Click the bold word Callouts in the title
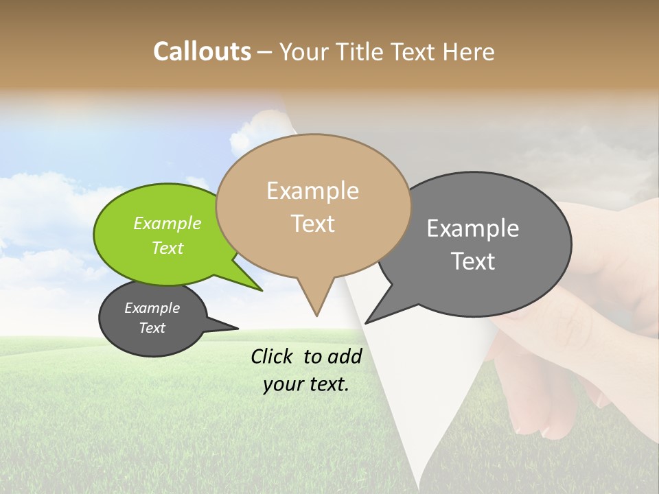click(202, 51)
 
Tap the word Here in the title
click(469, 51)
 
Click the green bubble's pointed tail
click(261, 290)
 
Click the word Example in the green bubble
click(167, 224)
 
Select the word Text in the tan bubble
click(312, 224)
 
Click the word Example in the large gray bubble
click(472, 228)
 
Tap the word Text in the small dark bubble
click(152, 328)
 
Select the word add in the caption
click(345, 356)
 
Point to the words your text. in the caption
click(305, 384)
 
